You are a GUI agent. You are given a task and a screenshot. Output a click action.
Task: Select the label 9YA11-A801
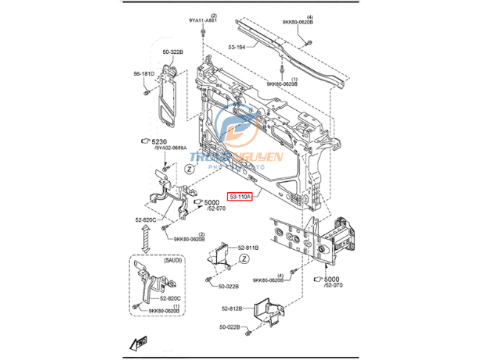202,21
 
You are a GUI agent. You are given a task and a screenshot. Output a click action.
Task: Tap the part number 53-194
237,47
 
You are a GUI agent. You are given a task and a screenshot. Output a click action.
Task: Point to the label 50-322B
173,52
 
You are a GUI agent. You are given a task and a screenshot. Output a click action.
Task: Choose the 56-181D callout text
144,74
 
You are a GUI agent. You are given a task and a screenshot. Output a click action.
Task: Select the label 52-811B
247,248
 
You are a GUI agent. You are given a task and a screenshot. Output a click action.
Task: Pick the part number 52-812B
230,309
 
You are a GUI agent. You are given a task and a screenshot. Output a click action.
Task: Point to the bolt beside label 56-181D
147,93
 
